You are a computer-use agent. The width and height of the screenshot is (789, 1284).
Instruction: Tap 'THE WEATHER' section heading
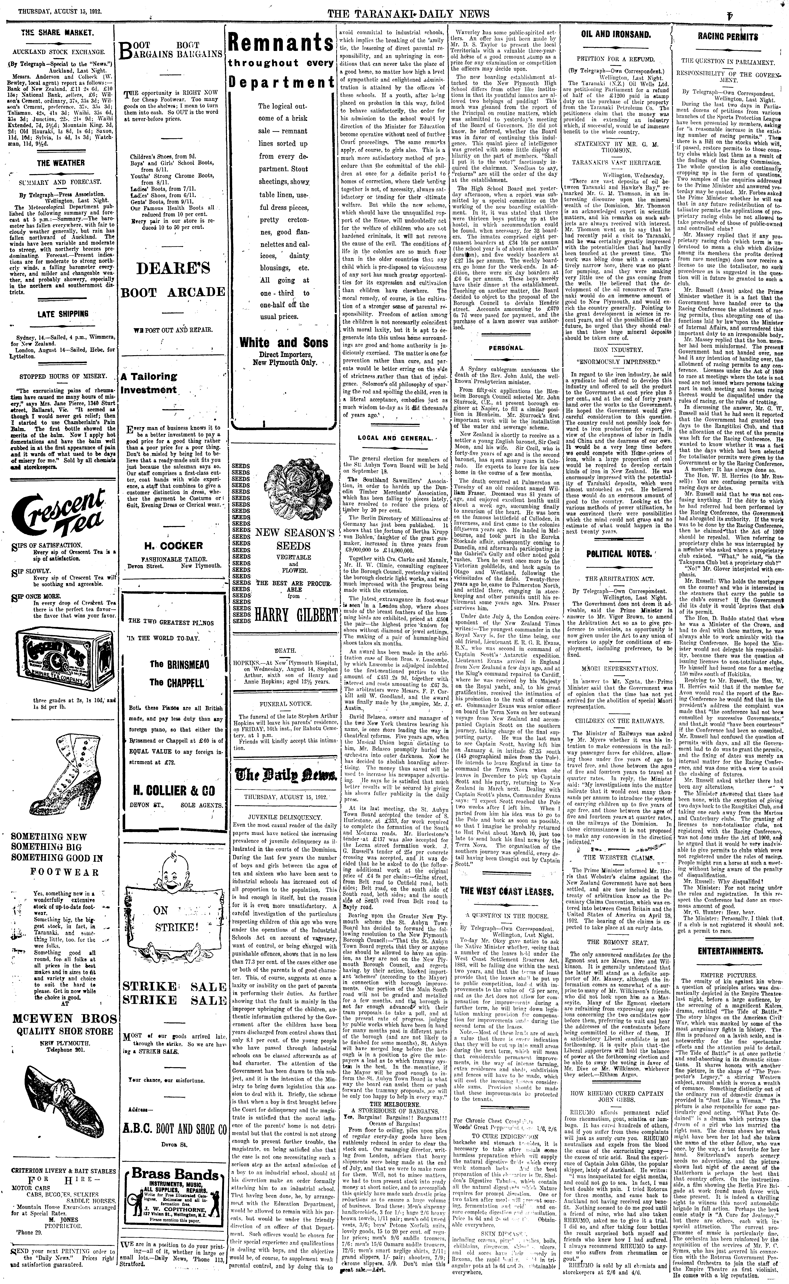coord(61,163)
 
